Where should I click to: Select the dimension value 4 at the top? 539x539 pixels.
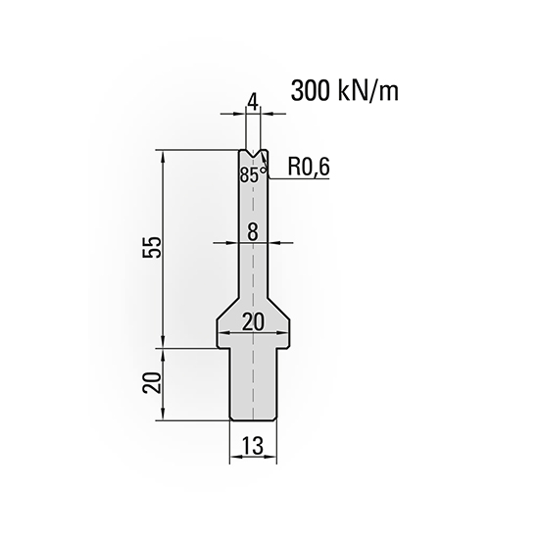(253, 100)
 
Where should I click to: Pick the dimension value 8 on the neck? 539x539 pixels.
(253, 231)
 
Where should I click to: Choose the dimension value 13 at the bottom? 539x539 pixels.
(253, 447)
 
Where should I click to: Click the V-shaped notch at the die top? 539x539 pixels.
(253, 154)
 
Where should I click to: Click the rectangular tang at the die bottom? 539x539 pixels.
(253, 387)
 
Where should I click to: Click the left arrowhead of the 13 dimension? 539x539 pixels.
(232, 460)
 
